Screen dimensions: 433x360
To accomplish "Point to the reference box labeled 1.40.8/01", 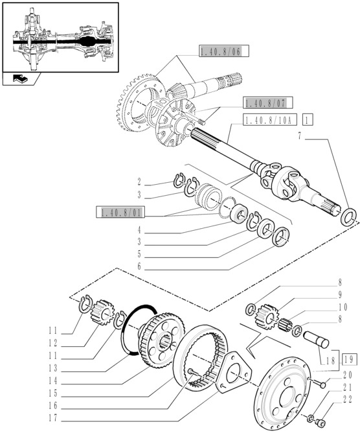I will (x=121, y=212).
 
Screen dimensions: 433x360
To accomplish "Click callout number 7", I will (x=299, y=136).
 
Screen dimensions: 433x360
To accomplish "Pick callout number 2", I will (x=139, y=182).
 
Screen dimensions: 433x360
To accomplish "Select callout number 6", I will (x=139, y=266).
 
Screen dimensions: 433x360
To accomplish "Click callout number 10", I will (x=341, y=307).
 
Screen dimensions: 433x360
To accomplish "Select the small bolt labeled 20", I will (x=321, y=385).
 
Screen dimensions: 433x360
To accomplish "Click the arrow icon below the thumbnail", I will (x=17, y=79).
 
